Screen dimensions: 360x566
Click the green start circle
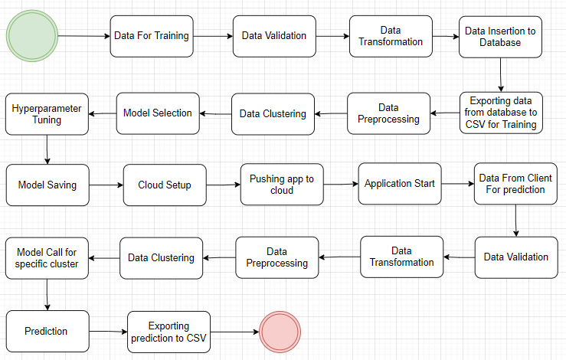point(32,35)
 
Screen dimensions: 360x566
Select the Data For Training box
point(151,35)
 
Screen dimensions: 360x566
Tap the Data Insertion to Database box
point(500,37)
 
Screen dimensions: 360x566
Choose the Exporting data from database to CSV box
point(502,113)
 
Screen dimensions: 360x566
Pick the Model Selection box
point(158,113)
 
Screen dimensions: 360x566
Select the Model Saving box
point(47,185)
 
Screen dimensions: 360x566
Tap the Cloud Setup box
point(165,185)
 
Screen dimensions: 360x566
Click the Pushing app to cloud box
point(282,185)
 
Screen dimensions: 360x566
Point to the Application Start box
point(399,184)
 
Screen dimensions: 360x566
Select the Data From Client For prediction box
point(515,184)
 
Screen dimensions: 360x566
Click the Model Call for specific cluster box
point(47,257)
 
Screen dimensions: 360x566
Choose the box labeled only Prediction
point(46,331)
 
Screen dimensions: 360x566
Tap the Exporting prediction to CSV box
point(168,331)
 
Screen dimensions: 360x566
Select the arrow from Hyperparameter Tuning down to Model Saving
point(47,149)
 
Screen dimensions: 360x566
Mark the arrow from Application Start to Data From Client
point(456,184)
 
